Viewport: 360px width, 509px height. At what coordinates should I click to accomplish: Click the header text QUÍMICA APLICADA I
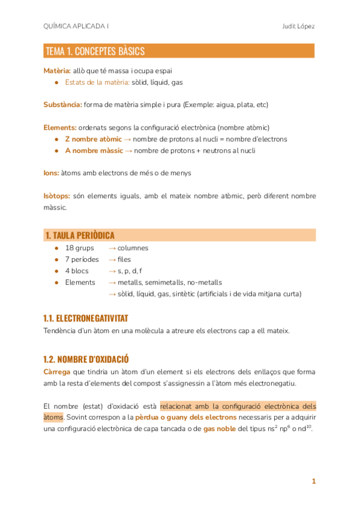76,26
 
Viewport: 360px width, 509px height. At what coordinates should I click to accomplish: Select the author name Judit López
298,26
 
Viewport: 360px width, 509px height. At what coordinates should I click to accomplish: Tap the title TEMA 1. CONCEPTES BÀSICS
95,52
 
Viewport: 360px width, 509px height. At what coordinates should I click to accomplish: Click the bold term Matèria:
57,71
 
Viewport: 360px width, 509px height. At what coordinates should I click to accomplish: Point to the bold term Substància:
62,105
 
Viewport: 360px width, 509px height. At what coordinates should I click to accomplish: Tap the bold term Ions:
51,173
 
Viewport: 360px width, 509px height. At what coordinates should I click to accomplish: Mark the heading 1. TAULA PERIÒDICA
79,235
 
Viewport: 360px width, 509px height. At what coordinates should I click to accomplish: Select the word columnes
133,248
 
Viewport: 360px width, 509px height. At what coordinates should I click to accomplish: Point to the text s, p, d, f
130,271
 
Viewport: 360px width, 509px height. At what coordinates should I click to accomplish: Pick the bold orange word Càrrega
57,372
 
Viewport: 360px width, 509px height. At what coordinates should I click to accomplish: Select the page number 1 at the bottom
313,481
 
